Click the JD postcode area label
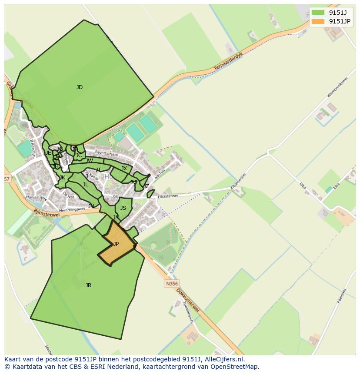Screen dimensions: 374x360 click(x=80, y=87)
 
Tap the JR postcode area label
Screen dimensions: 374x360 click(x=88, y=285)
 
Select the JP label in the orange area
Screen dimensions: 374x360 click(x=116, y=244)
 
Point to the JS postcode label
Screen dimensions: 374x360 click(x=123, y=208)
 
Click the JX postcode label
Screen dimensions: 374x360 click(x=124, y=169)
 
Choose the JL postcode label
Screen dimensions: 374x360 click(x=86, y=185)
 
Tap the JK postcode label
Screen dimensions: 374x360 click(x=62, y=178)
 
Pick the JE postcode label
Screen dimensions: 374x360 click(x=48, y=153)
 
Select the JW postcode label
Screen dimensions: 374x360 click(x=90, y=161)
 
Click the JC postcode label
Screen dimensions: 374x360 click(x=79, y=155)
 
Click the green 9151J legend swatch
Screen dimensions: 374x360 click(x=318, y=13)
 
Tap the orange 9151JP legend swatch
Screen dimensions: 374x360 click(x=318, y=21)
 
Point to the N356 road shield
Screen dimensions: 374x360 click(x=172, y=284)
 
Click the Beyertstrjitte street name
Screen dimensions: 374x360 click(x=107, y=154)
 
